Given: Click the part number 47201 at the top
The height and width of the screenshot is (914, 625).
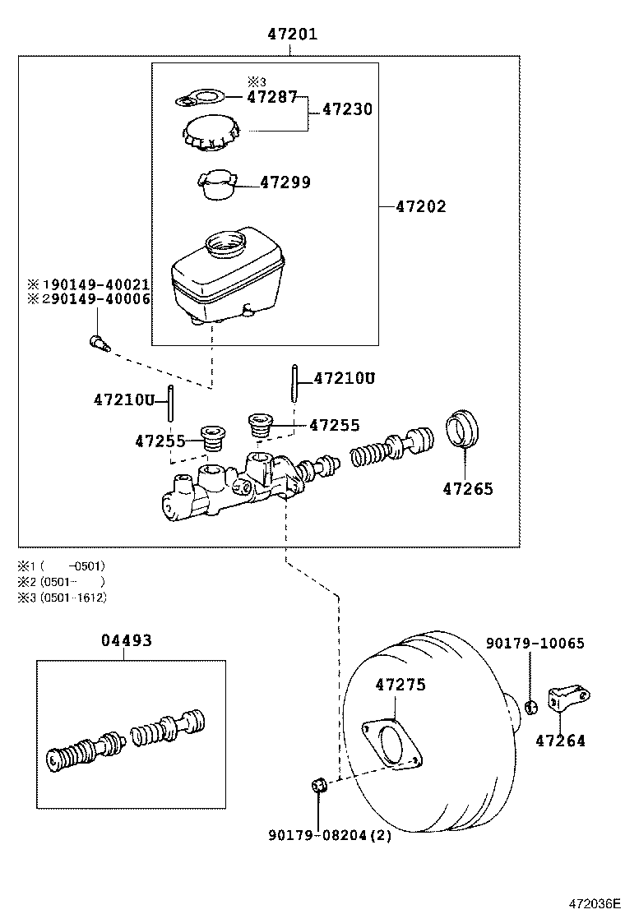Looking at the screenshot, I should [x=292, y=35].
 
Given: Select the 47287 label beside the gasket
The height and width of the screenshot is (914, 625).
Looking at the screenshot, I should [x=272, y=96].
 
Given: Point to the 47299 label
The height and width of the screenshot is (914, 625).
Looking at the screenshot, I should [x=285, y=182].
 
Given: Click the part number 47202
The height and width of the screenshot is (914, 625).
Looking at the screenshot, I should [x=420, y=206].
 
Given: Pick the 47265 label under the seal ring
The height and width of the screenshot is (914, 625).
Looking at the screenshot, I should [x=468, y=488].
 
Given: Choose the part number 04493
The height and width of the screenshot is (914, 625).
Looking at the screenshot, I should [x=127, y=639].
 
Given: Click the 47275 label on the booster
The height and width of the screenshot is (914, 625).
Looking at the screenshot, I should [x=400, y=684].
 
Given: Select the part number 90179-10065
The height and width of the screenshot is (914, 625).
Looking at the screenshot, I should [x=535, y=643].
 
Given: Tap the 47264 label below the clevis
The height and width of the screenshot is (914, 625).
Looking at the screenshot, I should [x=560, y=741].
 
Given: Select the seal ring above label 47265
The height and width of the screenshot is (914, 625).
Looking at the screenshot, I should [x=464, y=430].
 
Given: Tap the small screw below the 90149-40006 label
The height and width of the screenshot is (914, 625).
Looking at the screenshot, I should [x=98, y=341].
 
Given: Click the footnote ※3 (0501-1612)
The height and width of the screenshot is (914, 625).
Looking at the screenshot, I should [x=62, y=598].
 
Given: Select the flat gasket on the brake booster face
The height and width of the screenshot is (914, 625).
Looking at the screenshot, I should [x=393, y=744].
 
